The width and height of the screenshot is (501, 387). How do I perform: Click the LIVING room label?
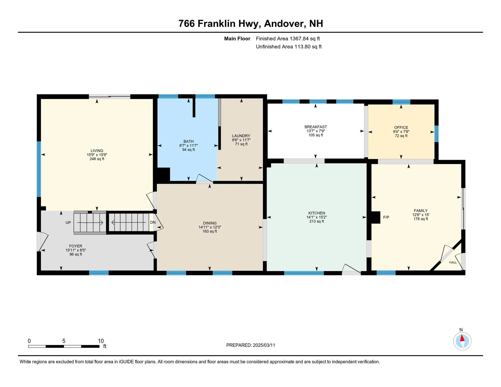(x=97, y=151)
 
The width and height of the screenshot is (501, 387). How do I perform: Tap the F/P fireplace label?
(x=386, y=217)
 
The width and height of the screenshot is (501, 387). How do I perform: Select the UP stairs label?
(x=68, y=223)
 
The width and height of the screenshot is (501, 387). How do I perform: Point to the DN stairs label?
(x=153, y=222)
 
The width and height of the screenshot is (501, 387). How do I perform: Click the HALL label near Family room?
(x=453, y=262)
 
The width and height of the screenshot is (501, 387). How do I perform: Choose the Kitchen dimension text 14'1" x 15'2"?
(x=317, y=217)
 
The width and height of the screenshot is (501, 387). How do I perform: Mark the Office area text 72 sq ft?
(x=401, y=136)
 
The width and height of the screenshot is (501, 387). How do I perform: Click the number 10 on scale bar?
(x=101, y=341)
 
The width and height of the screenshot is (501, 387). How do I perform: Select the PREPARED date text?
(x=250, y=345)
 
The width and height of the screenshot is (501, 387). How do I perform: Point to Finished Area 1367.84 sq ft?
(x=288, y=39)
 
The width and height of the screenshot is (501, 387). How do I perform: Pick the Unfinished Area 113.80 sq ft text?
(x=289, y=47)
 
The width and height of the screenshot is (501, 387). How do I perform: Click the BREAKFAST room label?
(x=315, y=127)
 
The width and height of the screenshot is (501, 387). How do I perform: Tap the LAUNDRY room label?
(x=241, y=136)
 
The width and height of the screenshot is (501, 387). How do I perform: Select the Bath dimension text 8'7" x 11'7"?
(x=188, y=146)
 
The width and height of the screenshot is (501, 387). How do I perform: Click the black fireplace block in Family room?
(x=376, y=217)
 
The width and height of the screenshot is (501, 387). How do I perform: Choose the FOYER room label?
(x=76, y=246)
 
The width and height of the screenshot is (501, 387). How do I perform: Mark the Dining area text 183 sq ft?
(x=210, y=231)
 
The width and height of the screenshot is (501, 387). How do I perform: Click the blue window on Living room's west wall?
(x=39, y=169)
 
